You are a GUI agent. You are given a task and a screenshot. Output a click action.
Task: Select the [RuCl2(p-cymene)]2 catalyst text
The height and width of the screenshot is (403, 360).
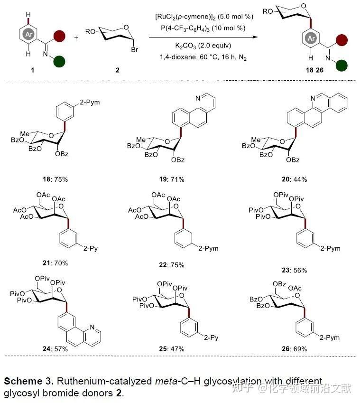pyautogui.click(x=199, y=18)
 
